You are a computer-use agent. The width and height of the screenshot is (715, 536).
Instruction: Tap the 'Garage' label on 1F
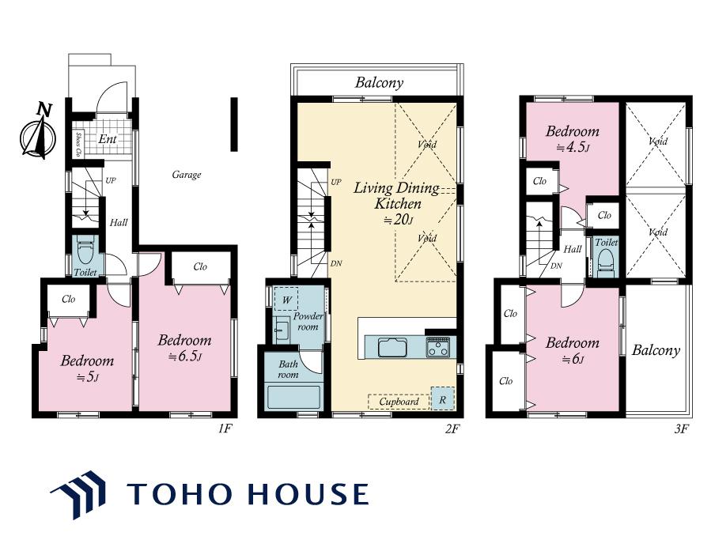(x=187, y=175)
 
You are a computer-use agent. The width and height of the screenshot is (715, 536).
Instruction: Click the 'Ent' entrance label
(x=108, y=139)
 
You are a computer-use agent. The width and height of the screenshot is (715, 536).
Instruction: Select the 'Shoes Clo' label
(x=78, y=145)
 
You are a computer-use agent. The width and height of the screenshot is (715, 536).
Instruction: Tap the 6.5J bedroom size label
(x=184, y=356)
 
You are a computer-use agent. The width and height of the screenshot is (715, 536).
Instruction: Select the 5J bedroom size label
(x=87, y=377)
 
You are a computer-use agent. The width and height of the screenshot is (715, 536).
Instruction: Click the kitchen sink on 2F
(x=392, y=348)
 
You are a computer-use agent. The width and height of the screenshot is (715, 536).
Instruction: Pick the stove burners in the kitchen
(x=437, y=347)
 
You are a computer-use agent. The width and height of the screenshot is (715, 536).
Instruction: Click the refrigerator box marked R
(x=442, y=398)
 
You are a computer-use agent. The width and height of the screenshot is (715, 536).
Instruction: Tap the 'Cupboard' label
(x=399, y=402)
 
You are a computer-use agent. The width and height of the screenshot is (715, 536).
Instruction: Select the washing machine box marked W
(x=286, y=300)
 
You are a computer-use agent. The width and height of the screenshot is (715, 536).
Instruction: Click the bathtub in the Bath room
(x=293, y=398)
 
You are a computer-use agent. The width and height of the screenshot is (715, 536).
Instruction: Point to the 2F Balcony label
(x=380, y=82)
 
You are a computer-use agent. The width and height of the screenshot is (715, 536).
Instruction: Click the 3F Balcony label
(x=656, y=350)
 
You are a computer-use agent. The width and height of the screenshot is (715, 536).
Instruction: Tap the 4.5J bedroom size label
(x=573, y=148)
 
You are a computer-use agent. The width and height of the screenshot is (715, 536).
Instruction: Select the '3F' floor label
(x=681, y=428)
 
